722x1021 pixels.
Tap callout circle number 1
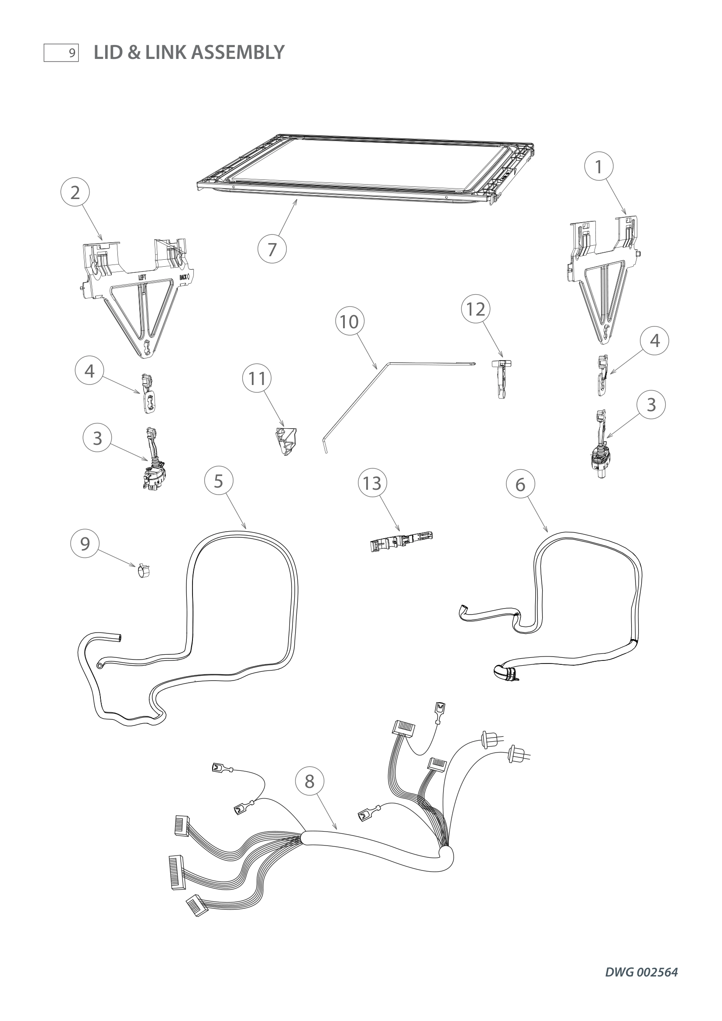pyautogui.click(x=598, y=166)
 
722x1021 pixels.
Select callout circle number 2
pyautogui.click(x=75, y=193)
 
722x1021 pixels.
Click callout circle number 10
pyautogui.click(x=350, y=321)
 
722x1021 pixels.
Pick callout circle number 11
pyautogui.click(x=257, y=378)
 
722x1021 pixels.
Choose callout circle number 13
pyautogui.click(x=372, y=483)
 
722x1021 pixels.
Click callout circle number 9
pyautogui.click(x=85, y=543)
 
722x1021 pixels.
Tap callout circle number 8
pyautogui.click(x=309, y=781)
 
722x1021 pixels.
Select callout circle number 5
pyautogui.click(x=218, y=481)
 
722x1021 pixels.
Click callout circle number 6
pyautogui.click(x=520, y=484)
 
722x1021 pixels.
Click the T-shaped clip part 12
pyautogui.click(x=501, y=378)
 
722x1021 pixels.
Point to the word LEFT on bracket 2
pyautogui.click(x=142, y=278)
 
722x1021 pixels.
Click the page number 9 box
pyautogui.click(x=61, y=53)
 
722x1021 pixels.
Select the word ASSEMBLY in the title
pyautogui.click(x=238, y=52)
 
